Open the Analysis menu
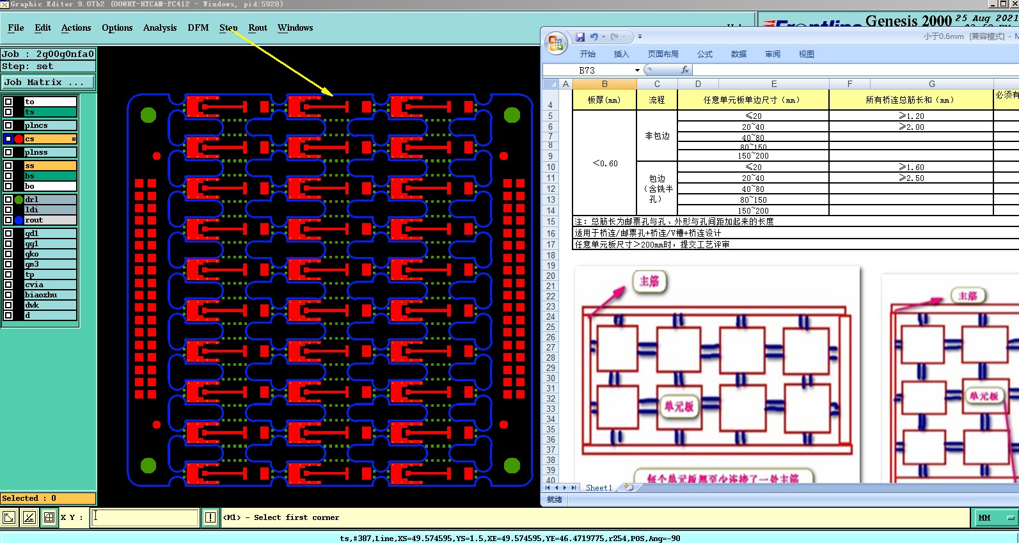click(159, 28)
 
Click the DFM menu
click(198, 28)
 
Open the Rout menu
click(257, 28)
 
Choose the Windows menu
click(295, 28)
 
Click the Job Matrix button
click(48, 83)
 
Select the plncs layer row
click(50, 125)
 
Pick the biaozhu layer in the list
click(50, 295)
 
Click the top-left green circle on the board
click(148, 115)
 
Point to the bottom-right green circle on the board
click(512, 465)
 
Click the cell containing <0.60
click(604, 164)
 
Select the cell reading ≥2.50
click(911, 178)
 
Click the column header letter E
click(773, 84)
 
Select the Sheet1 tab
click(599, 487)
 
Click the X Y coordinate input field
click(145, 517)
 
